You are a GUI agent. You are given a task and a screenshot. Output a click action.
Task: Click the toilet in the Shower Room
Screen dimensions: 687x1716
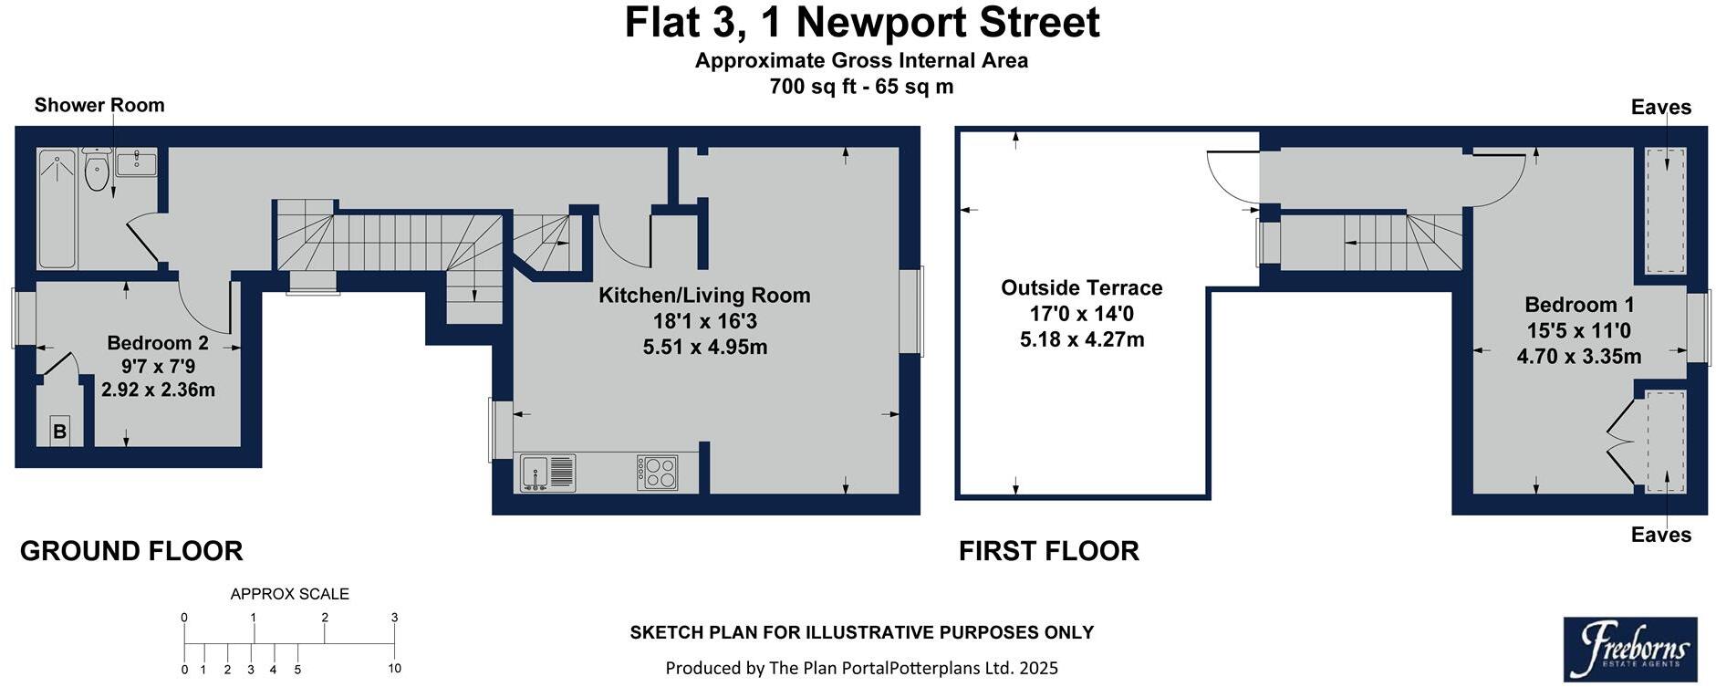tap(96, 172)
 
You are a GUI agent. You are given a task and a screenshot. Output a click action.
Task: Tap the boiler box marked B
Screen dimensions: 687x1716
tap(60, 432)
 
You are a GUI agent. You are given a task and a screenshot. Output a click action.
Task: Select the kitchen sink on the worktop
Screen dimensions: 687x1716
tap(547, 473)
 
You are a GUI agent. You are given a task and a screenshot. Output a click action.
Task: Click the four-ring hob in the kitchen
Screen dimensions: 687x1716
tap(658, 473)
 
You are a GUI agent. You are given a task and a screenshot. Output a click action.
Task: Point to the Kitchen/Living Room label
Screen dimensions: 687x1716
tap(703, 296)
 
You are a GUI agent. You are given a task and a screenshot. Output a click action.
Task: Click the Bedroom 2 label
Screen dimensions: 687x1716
tap(158, 343)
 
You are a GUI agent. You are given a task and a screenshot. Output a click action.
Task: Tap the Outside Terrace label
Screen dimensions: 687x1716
tap(1081, 288)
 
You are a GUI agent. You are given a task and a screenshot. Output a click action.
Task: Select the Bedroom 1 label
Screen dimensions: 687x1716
tap(1578, 305)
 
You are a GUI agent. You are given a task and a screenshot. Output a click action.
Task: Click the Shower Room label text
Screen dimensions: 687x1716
tap(99, 105)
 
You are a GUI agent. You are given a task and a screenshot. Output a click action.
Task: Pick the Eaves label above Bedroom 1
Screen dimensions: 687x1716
tap(1660, 108)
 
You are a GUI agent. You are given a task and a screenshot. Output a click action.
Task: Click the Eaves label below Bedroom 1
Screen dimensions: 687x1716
tap(1660, 535)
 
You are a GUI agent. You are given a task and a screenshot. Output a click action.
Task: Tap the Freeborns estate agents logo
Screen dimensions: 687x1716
tap(1629, 649)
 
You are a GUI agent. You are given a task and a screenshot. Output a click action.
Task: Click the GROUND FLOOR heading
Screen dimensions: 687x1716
tap(131, 551)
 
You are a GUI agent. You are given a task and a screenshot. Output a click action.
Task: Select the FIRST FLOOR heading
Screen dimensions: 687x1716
tap(1048, 551)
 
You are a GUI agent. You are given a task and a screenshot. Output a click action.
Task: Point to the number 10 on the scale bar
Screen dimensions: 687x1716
tap(394, 669)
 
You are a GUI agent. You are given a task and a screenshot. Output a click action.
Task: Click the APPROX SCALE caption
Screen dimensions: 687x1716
tap(289, 594)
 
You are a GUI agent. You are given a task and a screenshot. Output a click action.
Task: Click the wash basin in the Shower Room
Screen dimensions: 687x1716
tap(136, 162)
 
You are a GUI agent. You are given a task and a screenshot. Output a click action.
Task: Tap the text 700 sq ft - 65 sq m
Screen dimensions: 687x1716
tap(861, 87)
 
